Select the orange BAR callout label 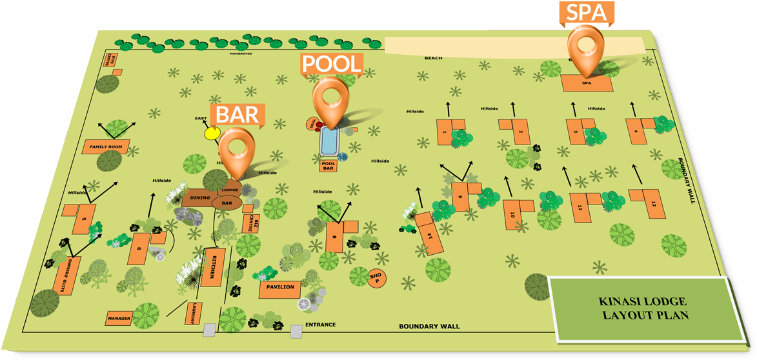click(237, 114)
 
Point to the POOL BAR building click(328, 165)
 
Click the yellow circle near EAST click(211, 134)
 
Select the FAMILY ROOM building click(106, 147)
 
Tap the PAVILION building click(279, 288)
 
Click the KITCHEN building click(212, 267)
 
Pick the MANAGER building click(119, 319)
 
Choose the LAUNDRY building click(192, 314)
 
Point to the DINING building click(200, 198)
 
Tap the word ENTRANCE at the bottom click(320, 325)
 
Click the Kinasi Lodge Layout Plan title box click(643, 309)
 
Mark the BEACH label click(433, 58)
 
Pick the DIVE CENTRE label click(111, 60)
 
